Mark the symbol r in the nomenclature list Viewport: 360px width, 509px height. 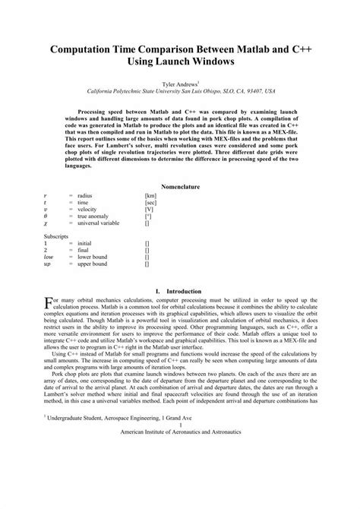pos(45,196)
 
